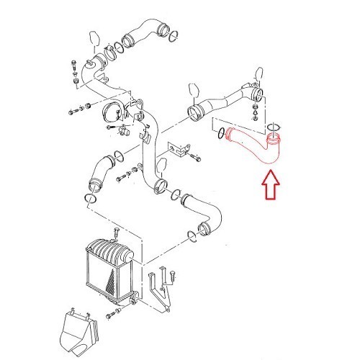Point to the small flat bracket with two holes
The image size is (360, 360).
tap(176, 148)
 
